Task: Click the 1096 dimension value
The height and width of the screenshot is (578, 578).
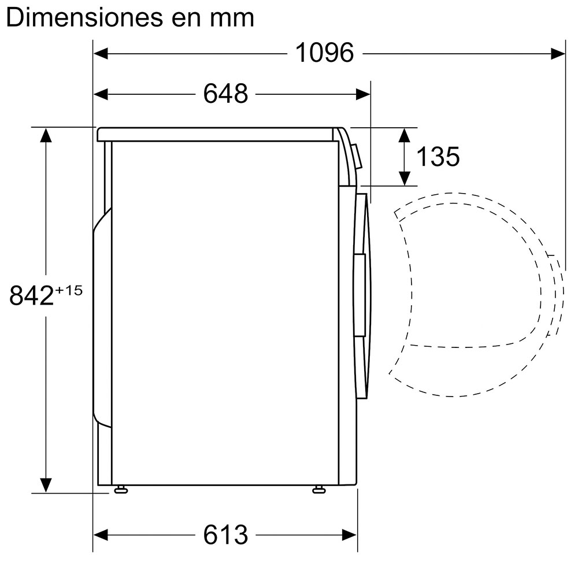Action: coord(324,53)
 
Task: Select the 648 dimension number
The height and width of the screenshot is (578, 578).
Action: coord(225,94)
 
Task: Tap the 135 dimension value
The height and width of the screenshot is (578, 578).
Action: coord(438,156)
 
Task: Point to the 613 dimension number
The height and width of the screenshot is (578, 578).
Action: coord(225,535)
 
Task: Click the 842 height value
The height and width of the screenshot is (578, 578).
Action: coord(32,295)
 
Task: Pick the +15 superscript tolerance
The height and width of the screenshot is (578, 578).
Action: coord(69,291)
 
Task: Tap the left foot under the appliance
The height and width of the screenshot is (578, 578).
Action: coord(121,489)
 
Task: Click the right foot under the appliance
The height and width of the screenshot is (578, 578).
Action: coord(319,489)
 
